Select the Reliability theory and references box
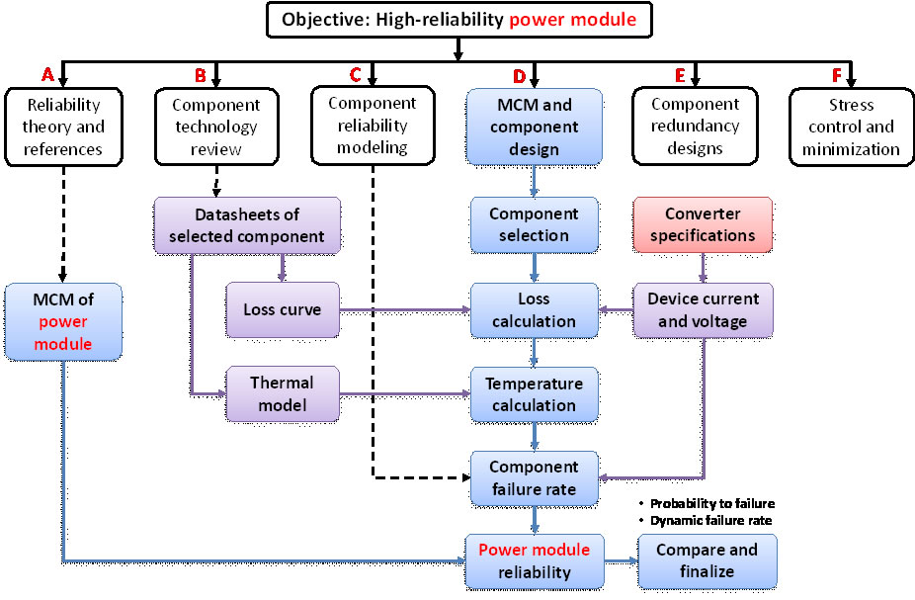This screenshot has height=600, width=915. [x=63, y=127]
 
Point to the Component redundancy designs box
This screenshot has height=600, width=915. [x=695, y=126]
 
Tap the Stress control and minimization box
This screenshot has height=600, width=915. [x=851, y=127]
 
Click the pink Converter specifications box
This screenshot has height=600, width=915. [x=703, y=224]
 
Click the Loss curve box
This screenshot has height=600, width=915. [x=282, y=309]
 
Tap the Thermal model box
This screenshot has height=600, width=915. [x=282, y=393]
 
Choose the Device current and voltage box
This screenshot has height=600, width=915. [x=703, y=309]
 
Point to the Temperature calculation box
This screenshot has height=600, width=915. [x=534, y=393]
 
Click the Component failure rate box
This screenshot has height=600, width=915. [x=534, y=477]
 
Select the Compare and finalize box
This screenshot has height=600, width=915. [x=707, y=561]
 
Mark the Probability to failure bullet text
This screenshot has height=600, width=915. [x=711, y=503]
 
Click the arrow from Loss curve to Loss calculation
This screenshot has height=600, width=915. [x=405, y=309]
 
